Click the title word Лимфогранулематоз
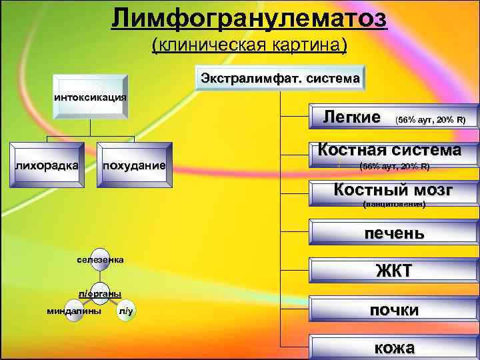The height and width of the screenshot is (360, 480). coord(249,18)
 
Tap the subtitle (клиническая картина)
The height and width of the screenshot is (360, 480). coord(249,45)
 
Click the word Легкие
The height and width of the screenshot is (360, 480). coord(352,117)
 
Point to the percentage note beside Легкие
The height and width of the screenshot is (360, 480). coord(430,120)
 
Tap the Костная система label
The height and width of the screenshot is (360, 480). coord(389,149)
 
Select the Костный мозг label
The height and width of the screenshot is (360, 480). coord(393,190)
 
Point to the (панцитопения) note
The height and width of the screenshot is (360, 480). coord(393,204)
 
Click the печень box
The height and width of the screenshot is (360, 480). coord(393,233)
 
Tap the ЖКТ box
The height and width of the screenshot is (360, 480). coord(394,271)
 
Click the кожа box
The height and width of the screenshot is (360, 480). coord(394,347)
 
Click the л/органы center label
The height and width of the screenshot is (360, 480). coord(99,293)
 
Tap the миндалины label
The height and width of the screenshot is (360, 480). coord(74,311)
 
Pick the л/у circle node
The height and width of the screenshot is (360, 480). coord(126,311)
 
